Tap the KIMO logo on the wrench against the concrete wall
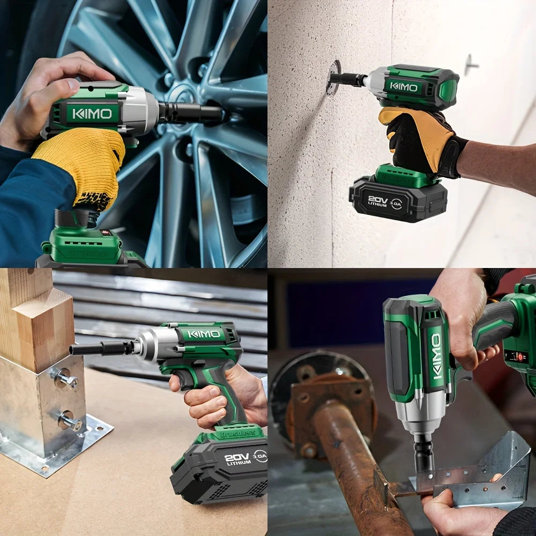coord(404,86)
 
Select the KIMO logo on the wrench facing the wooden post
coord(204,334)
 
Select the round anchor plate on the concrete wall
coord(333,77)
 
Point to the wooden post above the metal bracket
coord(38,322)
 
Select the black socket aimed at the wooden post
coord(102,348)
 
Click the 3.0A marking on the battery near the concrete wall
coord(396,204)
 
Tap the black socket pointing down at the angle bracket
coord(423,456)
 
